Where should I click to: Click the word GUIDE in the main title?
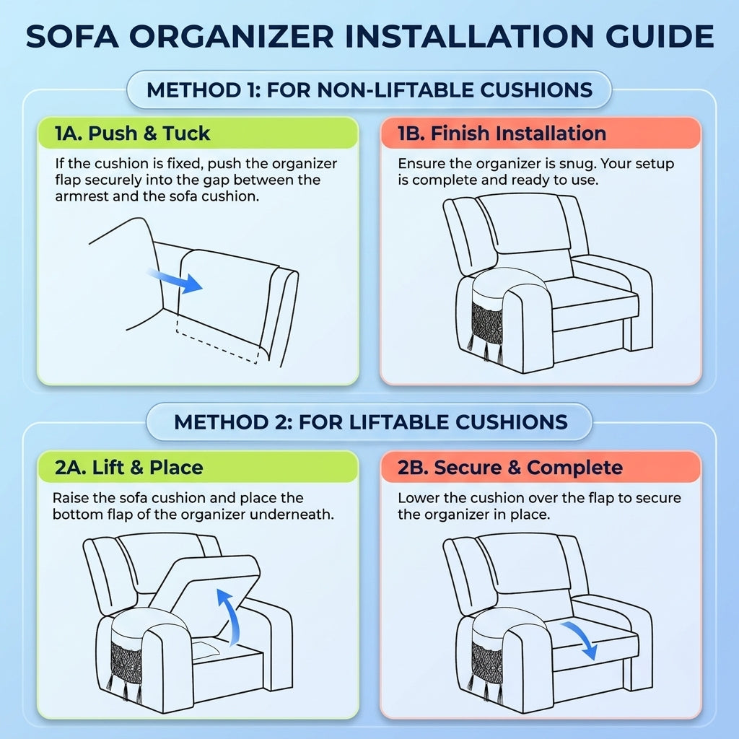tap(660, 36)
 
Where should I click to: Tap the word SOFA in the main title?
tap(71, 36)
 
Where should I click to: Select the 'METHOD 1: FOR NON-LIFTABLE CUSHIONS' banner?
tap(369, 89)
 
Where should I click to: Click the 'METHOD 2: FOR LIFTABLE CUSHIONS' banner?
tap(369, 421)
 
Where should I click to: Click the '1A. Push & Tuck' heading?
tap(133, 134)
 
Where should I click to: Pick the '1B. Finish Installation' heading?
tap(502, 134)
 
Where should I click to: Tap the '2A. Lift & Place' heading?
tap(129, 468)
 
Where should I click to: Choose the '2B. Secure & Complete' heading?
tap(510, 468)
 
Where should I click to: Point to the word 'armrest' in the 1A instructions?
tap(82, 196)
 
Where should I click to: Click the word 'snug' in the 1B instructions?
tap(578, 165)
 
